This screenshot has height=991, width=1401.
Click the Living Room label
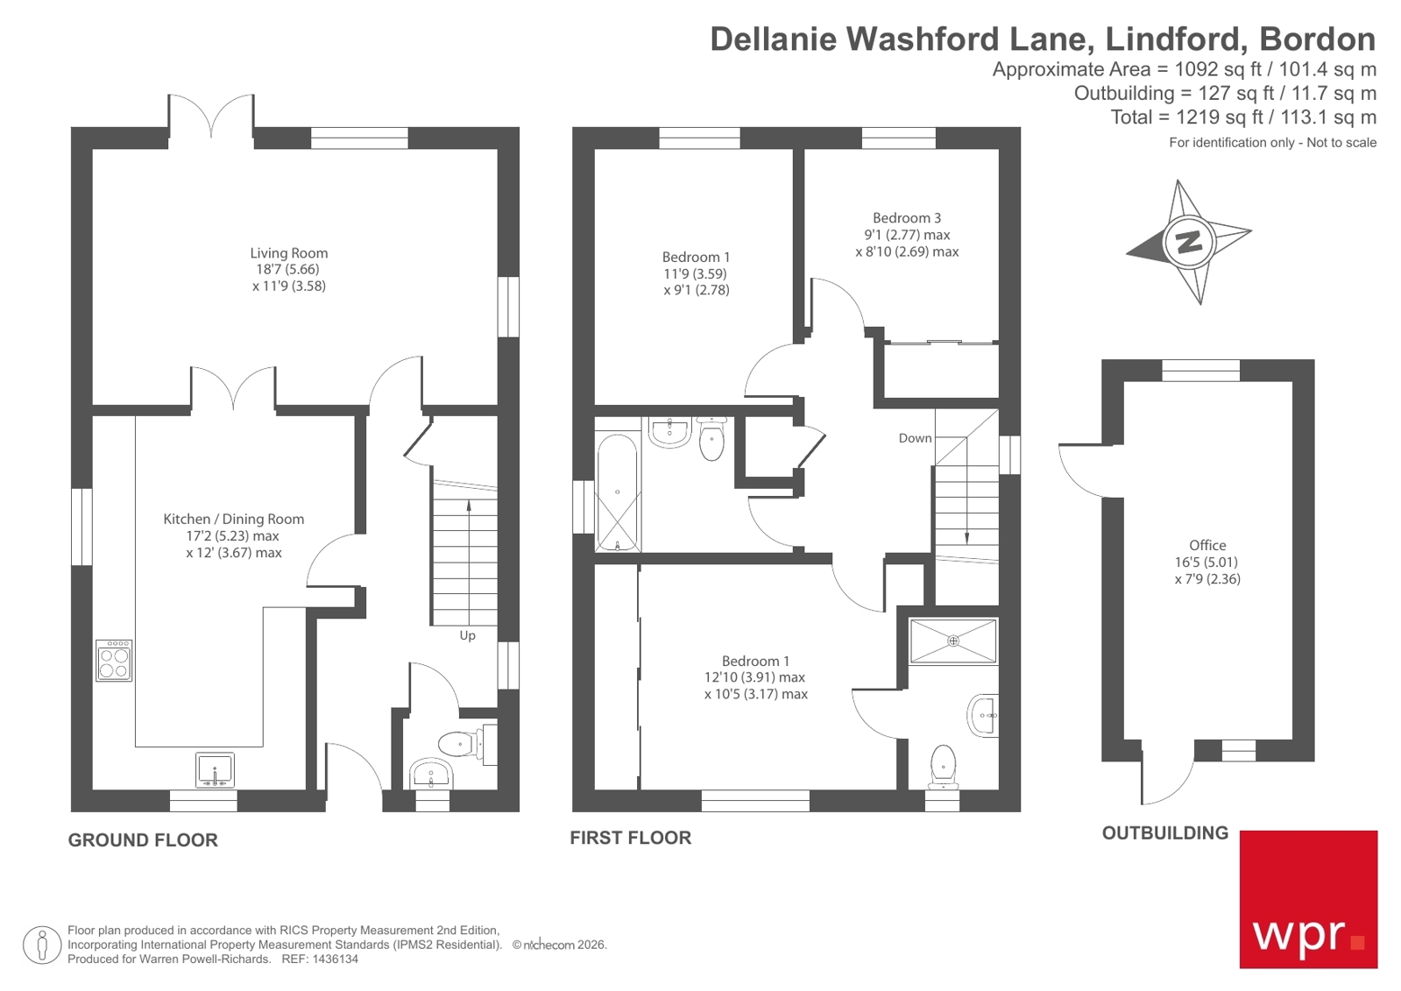point(288,253)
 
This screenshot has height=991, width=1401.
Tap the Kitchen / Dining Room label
point(233,519)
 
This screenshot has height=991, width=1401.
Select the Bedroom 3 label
point(907,218)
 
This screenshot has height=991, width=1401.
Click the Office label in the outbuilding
point(1207,545)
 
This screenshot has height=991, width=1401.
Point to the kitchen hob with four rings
point(114,661)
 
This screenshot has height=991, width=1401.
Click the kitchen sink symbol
point(215,770)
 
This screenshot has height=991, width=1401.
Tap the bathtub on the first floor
point(618,492)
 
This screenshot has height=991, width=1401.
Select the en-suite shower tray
point(953,641)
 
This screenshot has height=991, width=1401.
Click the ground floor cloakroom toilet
point(458,745)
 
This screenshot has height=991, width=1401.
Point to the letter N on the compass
point(1188,241)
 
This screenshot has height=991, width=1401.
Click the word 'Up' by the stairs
point(467,635)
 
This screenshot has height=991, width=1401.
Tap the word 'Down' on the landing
point(915,438)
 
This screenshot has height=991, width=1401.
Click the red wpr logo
point(1308,899)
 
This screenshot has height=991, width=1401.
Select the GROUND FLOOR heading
point(143,840)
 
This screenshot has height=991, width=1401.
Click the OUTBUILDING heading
point(1164,833)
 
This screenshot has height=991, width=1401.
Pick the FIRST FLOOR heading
point(630,838)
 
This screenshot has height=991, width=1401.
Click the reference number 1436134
point(335,959)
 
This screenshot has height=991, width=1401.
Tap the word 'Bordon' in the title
point(1317,39)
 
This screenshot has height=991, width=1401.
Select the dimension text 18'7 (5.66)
point(288,270)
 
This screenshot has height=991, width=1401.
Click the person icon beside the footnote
point(41,945)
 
